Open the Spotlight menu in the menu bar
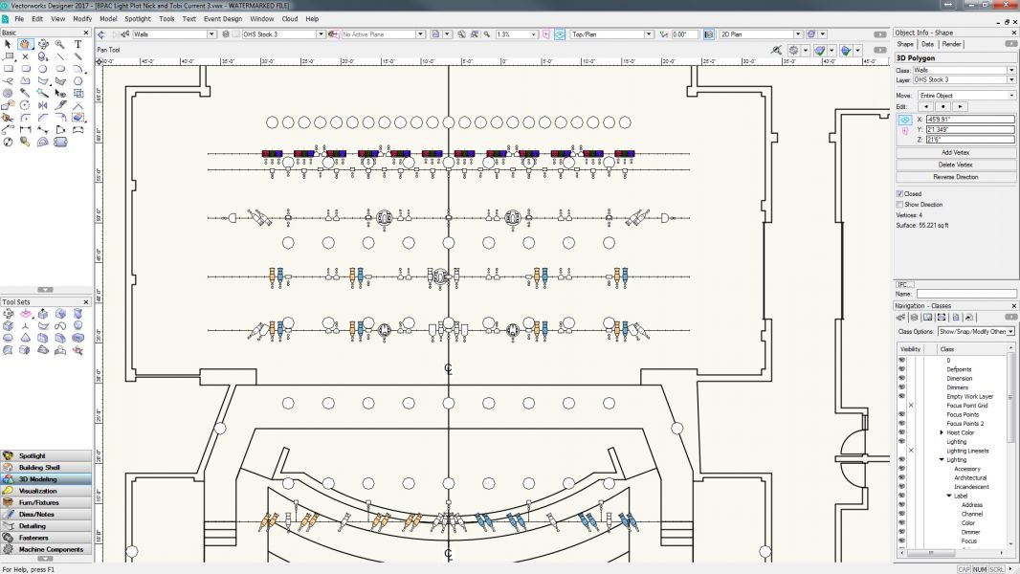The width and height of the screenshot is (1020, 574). [138, 18]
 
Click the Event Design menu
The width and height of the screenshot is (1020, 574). [223, 18]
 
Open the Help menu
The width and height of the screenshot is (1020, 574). [312, 18]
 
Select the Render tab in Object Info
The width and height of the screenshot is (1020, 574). [952, 44]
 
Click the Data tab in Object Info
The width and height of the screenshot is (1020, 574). [928, 44]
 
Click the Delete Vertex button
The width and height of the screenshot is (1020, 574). [956, 165]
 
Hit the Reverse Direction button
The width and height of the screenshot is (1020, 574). [956, 177]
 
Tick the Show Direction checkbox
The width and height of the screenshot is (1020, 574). [899, 205]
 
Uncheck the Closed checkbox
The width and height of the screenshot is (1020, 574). [899, 194]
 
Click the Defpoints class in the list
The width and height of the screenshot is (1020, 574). [959, 369]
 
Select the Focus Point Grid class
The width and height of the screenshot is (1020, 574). [967, 406]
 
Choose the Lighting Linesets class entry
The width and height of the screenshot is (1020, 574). [967, 451]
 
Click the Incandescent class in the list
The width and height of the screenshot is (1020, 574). [971, 487]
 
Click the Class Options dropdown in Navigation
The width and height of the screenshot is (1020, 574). [976, 331]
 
